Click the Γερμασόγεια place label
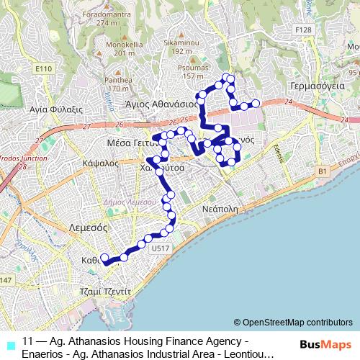[316, 84]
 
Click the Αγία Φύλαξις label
[53, 109]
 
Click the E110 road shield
[44, 69]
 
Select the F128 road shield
[304, 30]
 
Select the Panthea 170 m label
[118, 84]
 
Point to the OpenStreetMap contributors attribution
[293, 322]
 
